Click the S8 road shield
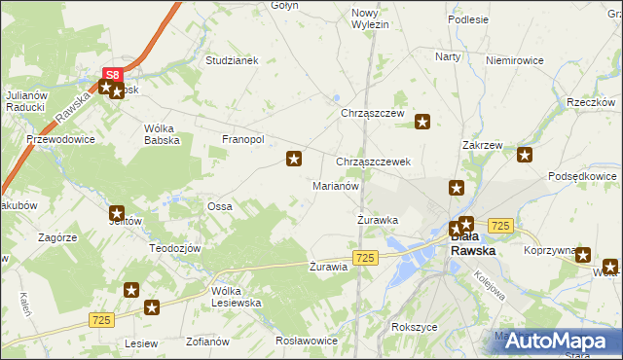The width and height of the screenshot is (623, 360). [113, 74]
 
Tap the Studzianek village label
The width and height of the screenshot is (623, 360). [231, 60]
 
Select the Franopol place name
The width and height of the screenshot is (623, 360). [243, 139]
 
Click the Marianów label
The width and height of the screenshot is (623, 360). [336, 185]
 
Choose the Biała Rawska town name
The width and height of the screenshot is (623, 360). [472, 244]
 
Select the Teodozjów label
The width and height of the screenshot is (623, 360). [174, 248]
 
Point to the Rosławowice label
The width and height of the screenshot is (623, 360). [306, 342]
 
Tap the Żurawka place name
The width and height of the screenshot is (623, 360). [376, 220]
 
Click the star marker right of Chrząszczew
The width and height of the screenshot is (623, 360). [423, 122]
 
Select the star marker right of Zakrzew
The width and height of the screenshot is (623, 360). [525, 154]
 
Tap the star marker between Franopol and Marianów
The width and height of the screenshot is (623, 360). [293, 158]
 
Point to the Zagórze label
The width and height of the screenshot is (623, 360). [57, 237]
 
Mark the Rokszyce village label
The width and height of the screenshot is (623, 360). [414, 327]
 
